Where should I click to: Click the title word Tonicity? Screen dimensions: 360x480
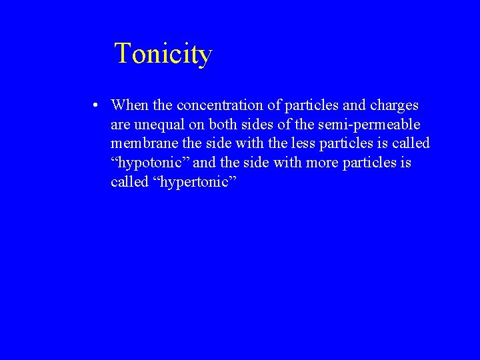(163, 53)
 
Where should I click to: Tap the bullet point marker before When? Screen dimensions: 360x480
(97, 105)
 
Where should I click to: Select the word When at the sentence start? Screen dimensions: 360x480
(131, 105)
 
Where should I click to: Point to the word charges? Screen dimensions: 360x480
(394, 105)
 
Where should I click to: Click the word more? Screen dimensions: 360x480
(322, 163)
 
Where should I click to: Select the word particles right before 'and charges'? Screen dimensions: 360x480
(313, 105)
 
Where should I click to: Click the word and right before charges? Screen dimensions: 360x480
(353, 105)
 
